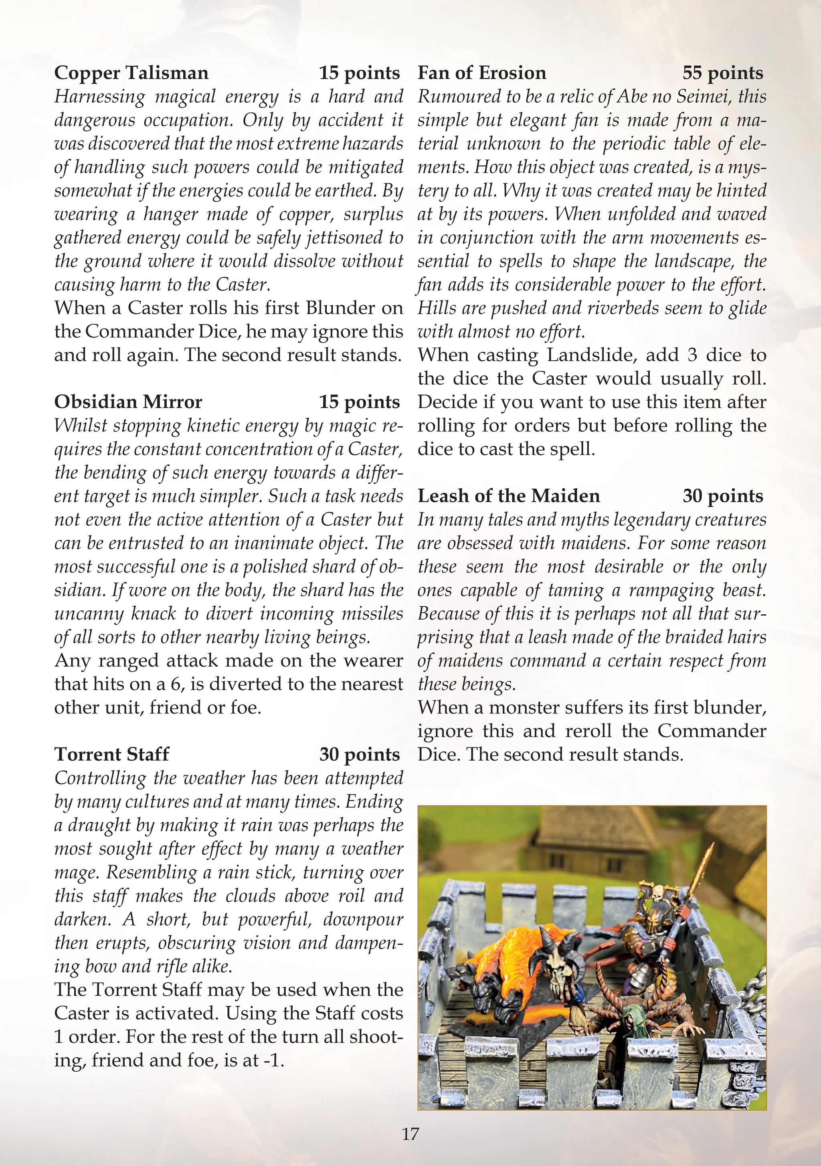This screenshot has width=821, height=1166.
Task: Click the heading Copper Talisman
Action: [x=131, y=73]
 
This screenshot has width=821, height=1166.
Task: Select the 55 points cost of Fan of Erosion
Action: [x=722, y=73]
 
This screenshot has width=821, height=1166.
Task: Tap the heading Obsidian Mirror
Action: [x=128, y=402]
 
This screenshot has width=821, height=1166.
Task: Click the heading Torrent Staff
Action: [x=111, y=754]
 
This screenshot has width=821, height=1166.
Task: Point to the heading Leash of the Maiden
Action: [x=508, y=496]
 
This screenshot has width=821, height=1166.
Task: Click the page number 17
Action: [x=410, y=1133]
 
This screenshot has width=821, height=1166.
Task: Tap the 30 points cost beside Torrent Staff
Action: [x=359, y=755]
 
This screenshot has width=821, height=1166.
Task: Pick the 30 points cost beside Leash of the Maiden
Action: [x=722, y=496]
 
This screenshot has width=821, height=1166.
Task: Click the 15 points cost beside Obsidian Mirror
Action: [x=359, y=402]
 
